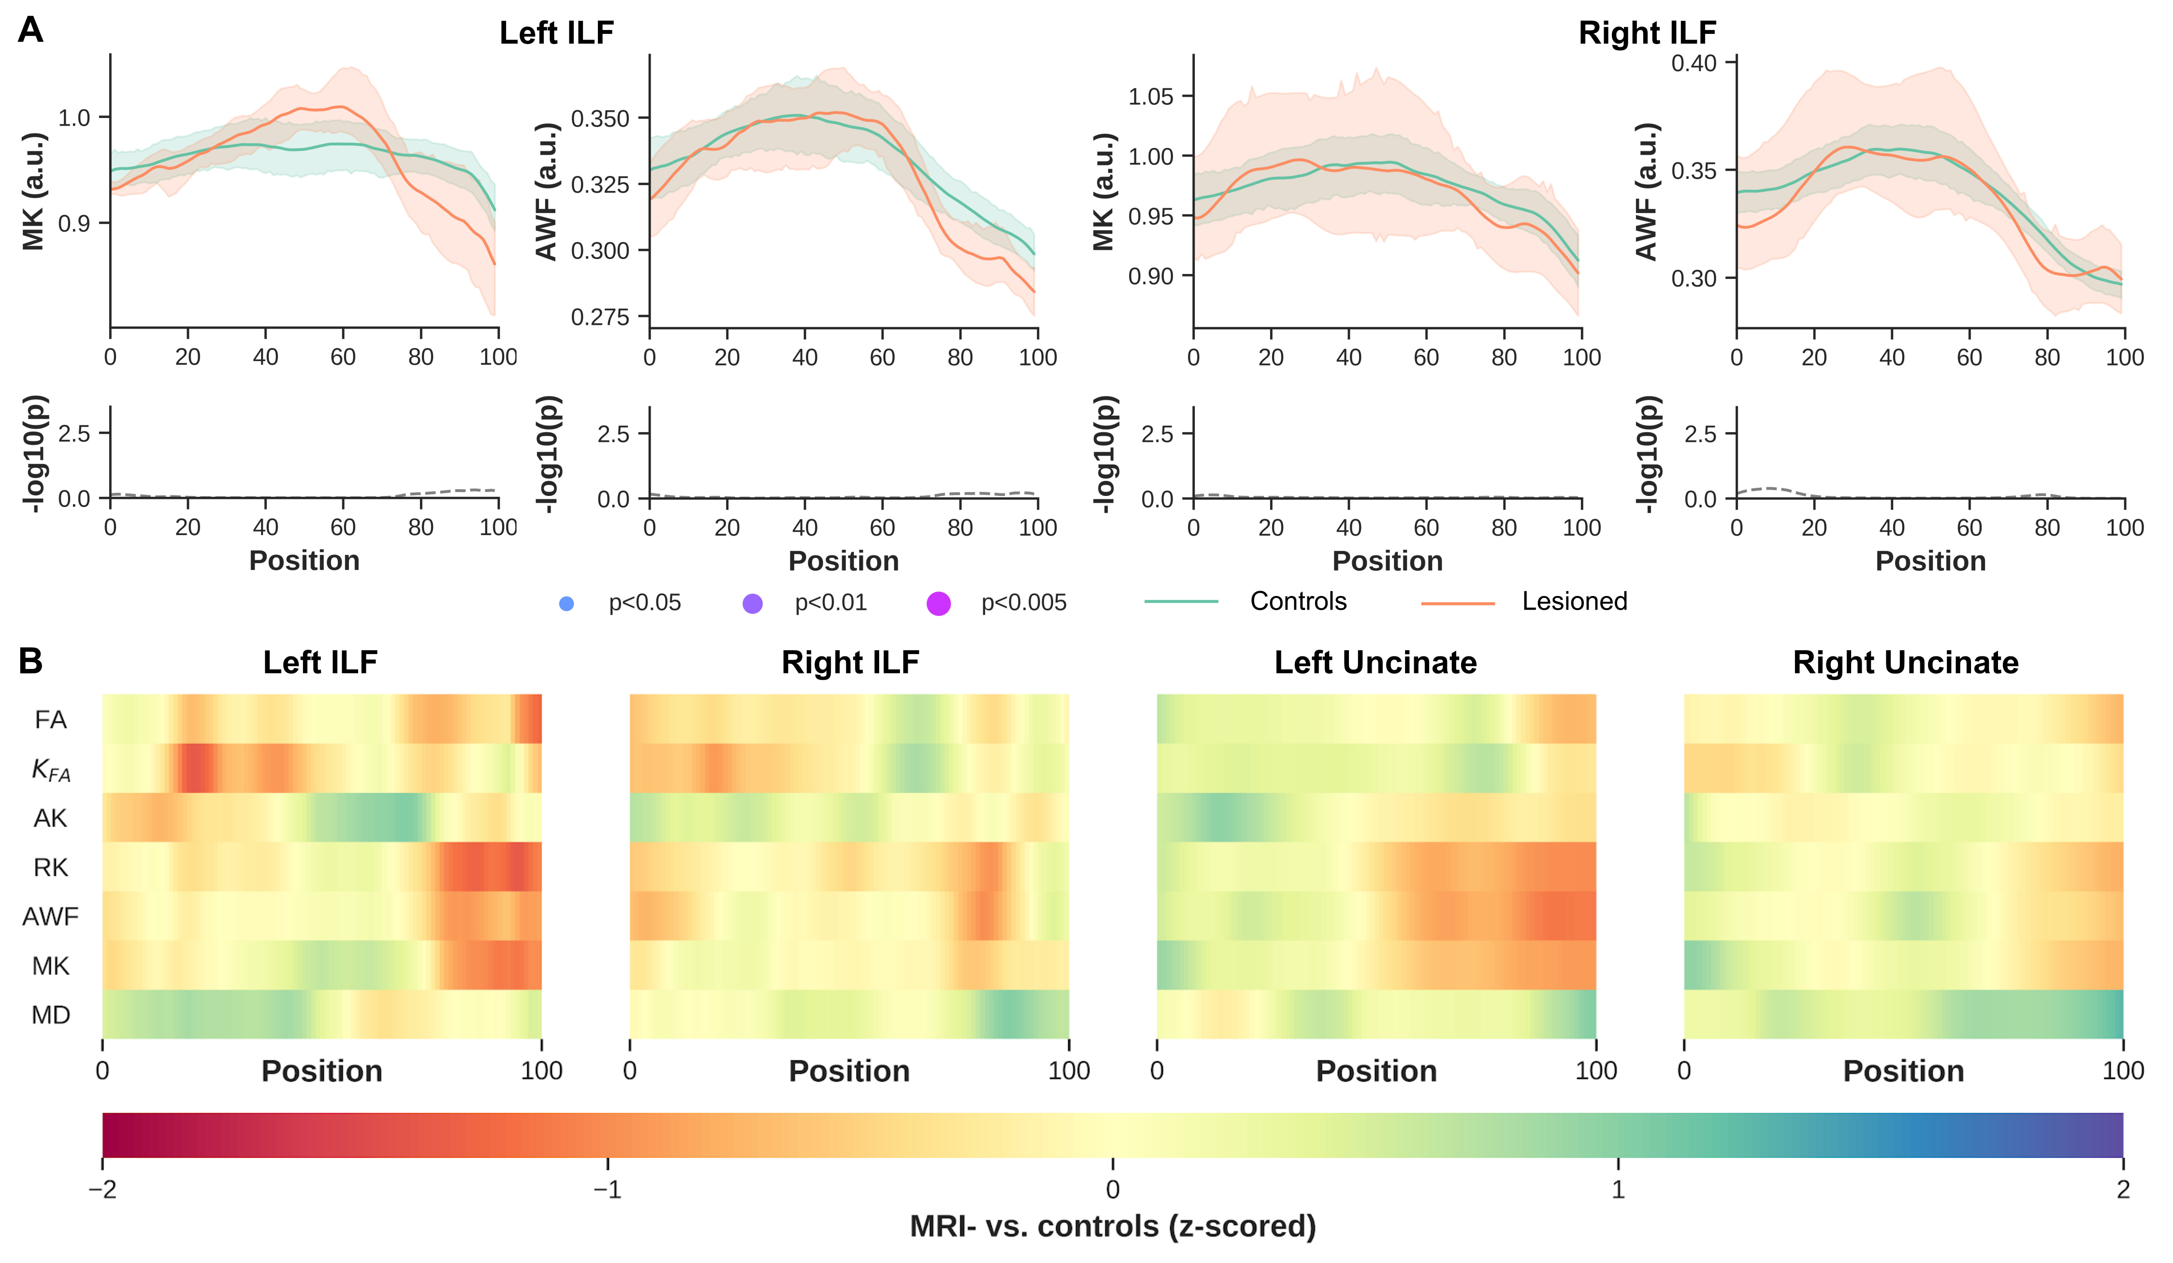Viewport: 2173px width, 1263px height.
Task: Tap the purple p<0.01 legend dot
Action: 752,604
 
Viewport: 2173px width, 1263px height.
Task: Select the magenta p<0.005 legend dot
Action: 938,604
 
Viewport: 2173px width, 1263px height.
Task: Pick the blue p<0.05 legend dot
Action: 566,604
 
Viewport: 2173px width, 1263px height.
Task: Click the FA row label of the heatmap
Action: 51,719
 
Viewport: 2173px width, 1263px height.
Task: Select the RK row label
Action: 51,867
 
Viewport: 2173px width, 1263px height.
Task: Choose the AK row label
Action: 51,818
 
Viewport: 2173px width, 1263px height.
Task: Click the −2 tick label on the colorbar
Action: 102,1190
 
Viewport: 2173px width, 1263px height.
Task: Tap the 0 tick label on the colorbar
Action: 1113,1190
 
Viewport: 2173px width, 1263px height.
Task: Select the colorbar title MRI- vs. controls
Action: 1113,1226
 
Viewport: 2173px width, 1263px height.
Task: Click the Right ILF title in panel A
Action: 1647,33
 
